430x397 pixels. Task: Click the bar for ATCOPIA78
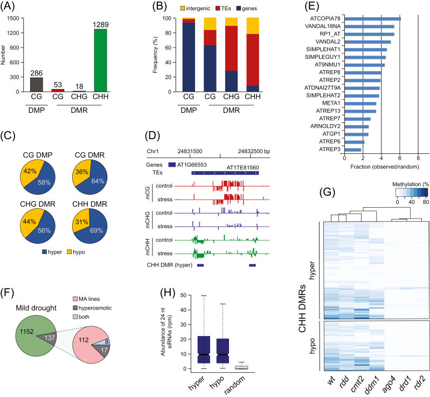click(x=372, y=18)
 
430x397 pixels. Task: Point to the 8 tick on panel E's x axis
click(x=418, y=159)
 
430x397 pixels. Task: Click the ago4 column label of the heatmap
click(x=380, y=384)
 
